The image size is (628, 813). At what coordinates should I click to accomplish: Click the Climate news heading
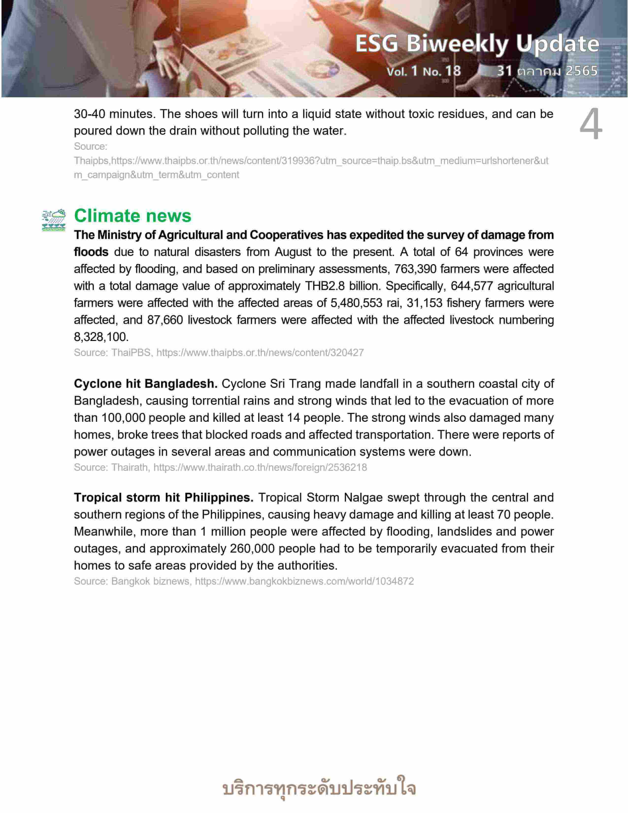(x=132, y=216)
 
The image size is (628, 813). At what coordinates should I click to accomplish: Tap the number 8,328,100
(x=101, y=337)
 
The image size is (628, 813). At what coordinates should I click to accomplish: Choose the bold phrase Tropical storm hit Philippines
(x=163, y=497)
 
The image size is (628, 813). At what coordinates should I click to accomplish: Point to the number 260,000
(x=252, y=548)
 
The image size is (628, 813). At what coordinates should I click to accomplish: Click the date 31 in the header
(x=504, y=71)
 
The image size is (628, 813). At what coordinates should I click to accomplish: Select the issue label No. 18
(x=442, y=71)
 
